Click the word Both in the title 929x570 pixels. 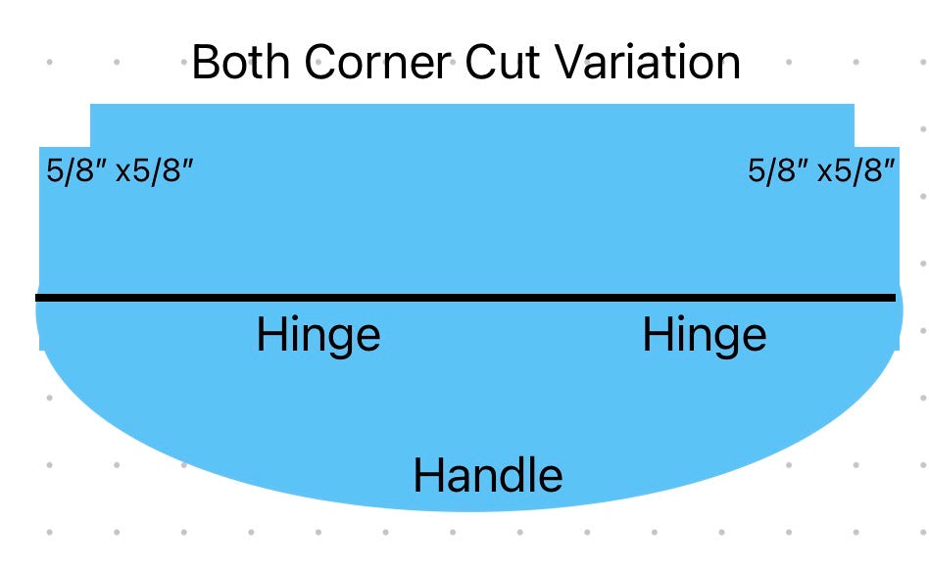[x=240, y=62]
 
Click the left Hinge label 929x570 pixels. [x=318, y=336]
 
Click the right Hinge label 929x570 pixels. [x=705, y=336]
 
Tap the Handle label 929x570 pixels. [x=488, y=475]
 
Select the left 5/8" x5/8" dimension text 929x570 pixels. [x=121, y=171]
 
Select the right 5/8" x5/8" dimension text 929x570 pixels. [x=821, y=171]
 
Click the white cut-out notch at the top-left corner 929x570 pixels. [x=65, y=125]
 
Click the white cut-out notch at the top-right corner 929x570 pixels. [x=877, y=125]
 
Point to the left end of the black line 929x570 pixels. [x=36, y=298]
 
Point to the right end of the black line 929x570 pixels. [x=896, y=298]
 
